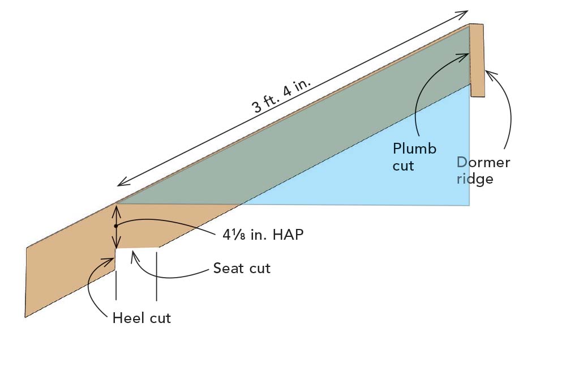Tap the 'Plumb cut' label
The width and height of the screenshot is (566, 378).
pos(414,157)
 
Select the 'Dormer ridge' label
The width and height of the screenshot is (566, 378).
pos(483,170)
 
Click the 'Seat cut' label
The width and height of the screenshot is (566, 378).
pos(242,268)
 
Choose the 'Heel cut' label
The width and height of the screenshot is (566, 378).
pos(141,318)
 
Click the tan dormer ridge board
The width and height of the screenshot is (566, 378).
pos(477,60)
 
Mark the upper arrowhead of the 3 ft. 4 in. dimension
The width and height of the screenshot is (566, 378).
pos(465,12)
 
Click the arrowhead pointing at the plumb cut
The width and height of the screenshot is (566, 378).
pos(466,54)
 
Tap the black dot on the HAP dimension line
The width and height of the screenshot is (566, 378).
pos(115,226)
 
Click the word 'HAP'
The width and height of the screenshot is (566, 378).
pos(288,234)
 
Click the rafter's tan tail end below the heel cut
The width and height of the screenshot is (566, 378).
pos(62,272)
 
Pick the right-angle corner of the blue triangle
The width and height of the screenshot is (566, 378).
pos(469,204)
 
